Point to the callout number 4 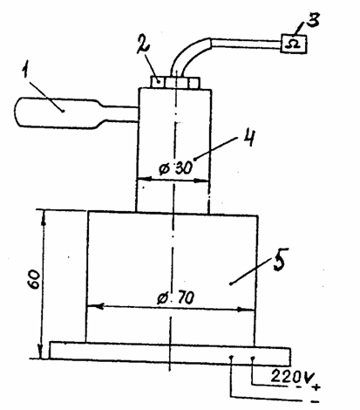point(248,138)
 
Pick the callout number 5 point(279,259)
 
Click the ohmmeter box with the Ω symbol point(294,44)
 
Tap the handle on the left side point(76,113)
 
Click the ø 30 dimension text point(176,168)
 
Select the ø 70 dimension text point(176,297)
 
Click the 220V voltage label point(289,377)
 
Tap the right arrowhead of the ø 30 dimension point(201,181)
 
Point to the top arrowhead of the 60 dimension point(44,217)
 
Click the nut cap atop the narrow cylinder point(175,82)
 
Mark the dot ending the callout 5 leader point(230,284)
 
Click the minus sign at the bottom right point(315,402)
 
